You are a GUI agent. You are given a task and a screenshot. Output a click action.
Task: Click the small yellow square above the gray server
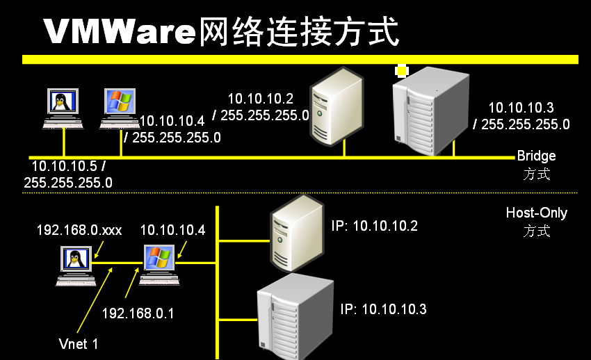click(x=401, y=70)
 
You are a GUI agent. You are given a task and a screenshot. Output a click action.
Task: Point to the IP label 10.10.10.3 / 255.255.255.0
click(x=521, y=116)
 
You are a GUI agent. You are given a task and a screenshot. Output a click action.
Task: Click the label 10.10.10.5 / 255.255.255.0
click(x=68, y=174)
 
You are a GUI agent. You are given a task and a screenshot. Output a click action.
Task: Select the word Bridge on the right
click(x=536, y=156)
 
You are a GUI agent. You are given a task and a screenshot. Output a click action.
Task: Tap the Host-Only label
click(x=536, y=213)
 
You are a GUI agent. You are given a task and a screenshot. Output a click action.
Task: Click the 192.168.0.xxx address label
click(x=79, y=230)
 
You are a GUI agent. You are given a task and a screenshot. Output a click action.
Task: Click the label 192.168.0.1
click(x=138, y=313)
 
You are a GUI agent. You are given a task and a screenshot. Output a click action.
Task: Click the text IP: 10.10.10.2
click(x=375, y=225)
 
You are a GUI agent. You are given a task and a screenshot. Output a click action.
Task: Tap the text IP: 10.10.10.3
click(x=383, y=309)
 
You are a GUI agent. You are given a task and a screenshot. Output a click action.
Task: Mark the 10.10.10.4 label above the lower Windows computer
click(x=172, y=230)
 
